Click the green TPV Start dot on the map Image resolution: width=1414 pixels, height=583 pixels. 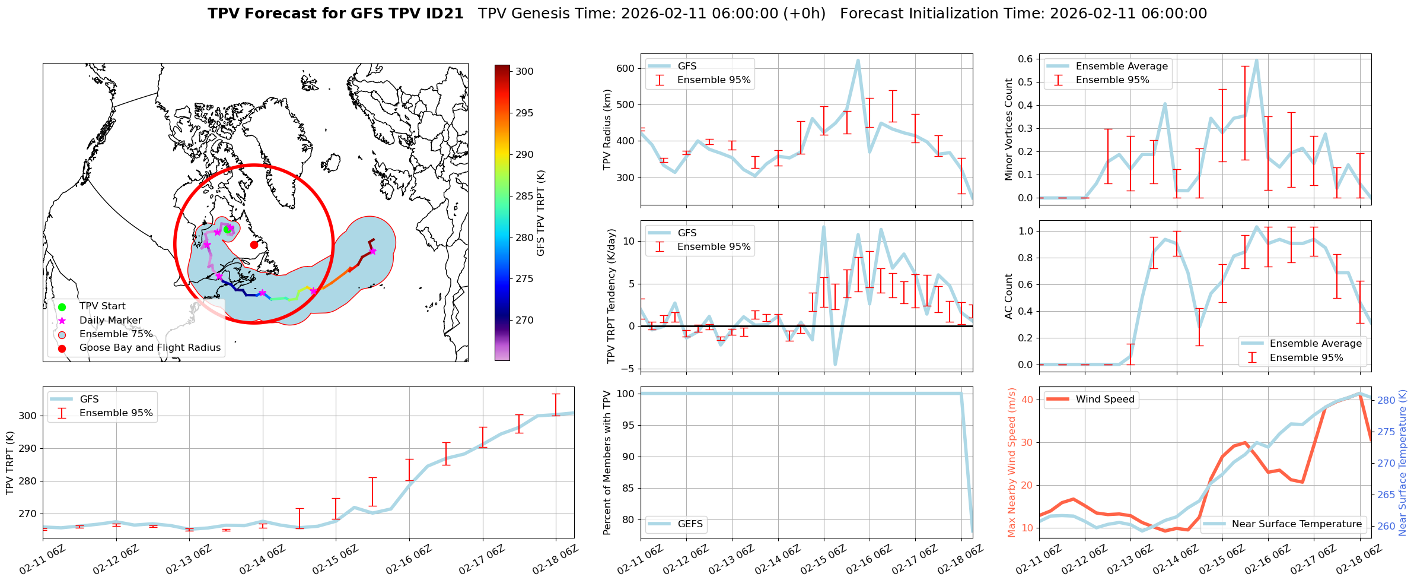[x=227, y=230]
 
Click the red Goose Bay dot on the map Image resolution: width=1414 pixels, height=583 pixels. [x=254, y=245]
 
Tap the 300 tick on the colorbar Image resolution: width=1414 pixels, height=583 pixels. [x=524, y=71]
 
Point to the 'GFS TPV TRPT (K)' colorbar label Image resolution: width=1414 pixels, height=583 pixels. [x=540, y=213]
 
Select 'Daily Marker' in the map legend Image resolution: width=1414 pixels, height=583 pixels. [x=110, y=321]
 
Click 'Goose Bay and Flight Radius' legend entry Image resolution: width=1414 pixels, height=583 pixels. [x=149, y=348]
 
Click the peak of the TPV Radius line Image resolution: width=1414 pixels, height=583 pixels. [x=858, y=60]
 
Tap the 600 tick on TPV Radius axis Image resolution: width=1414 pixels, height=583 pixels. [x=626, y=68]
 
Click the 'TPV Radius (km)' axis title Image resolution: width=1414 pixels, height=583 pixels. [x=607, y=129]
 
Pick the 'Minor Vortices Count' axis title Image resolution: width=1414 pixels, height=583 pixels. [x=1009, y=129]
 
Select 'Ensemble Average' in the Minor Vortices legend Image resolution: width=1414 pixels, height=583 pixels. [x=1122, y=66]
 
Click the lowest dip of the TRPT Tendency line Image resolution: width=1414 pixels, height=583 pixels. [x=835, y=365]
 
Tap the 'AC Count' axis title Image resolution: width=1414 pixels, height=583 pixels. [x=1009, y=296]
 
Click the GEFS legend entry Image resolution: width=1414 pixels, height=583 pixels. [x=690, y=524]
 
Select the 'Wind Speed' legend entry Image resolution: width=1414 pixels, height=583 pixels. [x=1105, y=399]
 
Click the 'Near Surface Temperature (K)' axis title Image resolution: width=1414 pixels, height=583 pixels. [x=1403, y=463]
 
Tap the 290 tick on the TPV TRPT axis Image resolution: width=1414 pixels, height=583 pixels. [x=27, y=448]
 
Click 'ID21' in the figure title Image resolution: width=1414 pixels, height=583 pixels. [x=444, y=14]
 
